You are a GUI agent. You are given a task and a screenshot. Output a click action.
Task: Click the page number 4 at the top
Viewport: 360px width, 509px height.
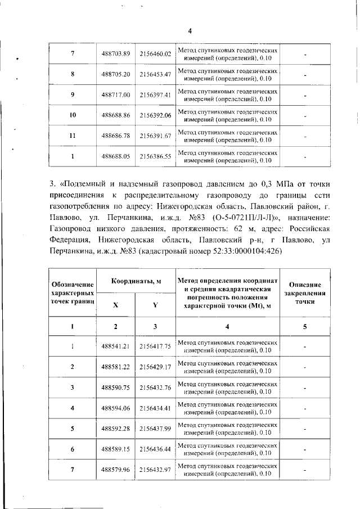tap(190, 31)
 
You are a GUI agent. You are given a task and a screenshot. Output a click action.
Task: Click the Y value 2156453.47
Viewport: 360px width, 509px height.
tap(155, 74)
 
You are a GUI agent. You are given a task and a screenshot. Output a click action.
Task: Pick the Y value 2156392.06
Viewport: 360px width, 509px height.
tap(155, 115)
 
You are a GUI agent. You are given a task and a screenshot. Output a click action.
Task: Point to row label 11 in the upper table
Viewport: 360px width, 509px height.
tap(73, 136)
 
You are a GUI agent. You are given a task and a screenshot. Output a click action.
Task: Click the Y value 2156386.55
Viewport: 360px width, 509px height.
tap(155, 156)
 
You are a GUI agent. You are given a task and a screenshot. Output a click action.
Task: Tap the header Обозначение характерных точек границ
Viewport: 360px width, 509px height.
tap(73, 292)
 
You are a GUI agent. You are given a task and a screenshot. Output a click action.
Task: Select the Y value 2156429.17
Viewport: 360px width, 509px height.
tap(155, 367)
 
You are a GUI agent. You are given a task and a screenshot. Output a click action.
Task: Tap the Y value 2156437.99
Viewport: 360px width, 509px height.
tap(155, 429)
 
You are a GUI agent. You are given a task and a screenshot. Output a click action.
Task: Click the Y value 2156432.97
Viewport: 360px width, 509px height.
tap(155, 470)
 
